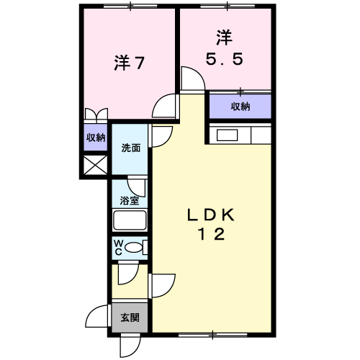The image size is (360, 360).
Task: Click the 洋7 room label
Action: point(129,63)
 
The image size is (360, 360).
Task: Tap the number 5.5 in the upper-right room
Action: point(225,59)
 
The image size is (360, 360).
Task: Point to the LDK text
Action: point(211,215)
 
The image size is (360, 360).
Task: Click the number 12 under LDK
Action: point(211,234)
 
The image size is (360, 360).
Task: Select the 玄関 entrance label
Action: point(130,318)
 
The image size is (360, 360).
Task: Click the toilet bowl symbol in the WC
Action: point(133,248)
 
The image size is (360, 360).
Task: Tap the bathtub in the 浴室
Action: point(130,220)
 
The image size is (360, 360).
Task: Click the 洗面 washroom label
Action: point(131,148)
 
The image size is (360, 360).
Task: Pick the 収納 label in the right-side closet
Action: point(240,107)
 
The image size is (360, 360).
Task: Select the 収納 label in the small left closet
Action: point(96,138)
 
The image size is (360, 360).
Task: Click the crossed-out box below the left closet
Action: point(96,165)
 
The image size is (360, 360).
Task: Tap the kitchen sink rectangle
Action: point(227,135)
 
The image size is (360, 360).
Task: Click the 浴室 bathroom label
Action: point(130,200)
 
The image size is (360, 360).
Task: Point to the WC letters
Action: point(119,248)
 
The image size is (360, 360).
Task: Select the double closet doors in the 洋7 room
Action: point(96,114)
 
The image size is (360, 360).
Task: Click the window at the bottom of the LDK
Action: point(213,335)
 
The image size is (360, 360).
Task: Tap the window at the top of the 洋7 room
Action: point(130,6)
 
